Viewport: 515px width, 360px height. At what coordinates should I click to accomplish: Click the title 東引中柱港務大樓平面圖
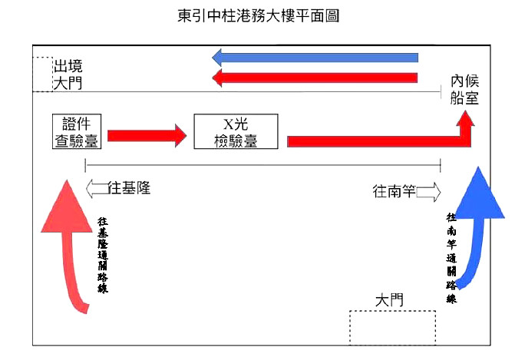(258, 15)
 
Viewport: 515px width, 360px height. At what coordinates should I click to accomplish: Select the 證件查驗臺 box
(77, 131)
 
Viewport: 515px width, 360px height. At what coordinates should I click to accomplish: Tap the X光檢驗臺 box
(236, 131)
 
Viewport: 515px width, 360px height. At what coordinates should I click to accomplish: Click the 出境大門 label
(68, 74)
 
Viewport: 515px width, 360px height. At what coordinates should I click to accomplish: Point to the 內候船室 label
(464, 90)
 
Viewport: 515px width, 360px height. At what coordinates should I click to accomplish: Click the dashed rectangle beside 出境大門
(43, 74)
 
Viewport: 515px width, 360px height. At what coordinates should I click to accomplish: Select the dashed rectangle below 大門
(392, 328)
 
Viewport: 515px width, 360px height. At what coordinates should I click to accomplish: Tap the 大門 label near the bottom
(389, 300)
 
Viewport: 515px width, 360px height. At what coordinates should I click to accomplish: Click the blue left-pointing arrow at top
(315, 58)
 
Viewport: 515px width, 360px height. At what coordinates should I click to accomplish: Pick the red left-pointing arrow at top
(315, 78)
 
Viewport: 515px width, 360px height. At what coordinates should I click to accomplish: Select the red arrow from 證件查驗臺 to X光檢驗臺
(147, 136)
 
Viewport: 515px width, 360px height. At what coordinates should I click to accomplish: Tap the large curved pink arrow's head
(67, 206)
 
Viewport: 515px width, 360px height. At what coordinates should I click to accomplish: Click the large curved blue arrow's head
(479, 193)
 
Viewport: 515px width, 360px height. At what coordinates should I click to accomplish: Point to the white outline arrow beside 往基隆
(97, 189)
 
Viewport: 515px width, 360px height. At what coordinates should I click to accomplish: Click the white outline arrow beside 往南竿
(429, 192)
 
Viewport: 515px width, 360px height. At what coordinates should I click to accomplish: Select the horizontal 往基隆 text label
(129, 188)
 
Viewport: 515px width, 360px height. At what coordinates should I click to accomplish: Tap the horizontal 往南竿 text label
(395, 191)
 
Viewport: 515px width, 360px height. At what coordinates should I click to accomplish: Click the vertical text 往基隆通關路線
(103, 255)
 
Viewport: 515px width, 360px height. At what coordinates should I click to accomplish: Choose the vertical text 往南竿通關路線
(451, 258)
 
